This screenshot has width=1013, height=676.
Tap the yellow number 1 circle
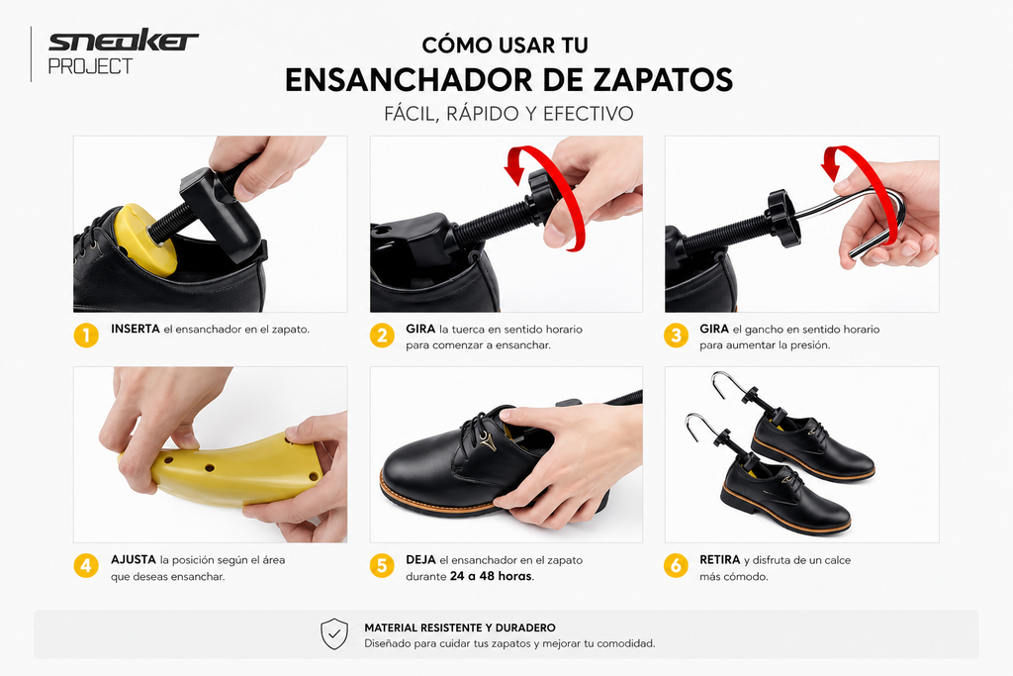click(x=86, y=336)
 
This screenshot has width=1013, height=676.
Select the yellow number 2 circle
click(x=382, y=336)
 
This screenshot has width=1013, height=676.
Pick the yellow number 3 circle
click(x=676, y=336)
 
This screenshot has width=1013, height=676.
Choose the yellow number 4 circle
click(x=86, y=566)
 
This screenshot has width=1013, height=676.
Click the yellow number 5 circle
click(x=382, y=566)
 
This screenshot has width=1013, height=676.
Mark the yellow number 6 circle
click(x=676, y=566)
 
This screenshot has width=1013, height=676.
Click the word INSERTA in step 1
click(x=135, y=329)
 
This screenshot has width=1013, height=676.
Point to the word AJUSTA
click(x=134, y=559)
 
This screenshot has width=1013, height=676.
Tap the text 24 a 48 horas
click(x=491, y=576)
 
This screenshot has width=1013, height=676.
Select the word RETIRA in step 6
click(x=720, y=559)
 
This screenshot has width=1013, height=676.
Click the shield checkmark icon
click(x=334, y=634)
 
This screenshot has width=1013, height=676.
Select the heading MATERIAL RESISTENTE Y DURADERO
click(x=460, y=628)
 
